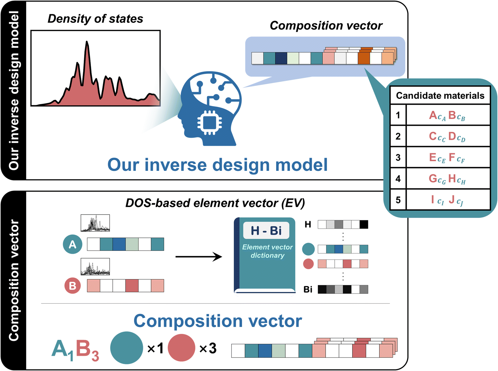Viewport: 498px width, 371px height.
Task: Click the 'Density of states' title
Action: (x=95, y=19)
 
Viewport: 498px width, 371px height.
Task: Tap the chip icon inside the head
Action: (x=209, y=123)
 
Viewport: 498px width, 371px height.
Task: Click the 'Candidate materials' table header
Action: (x=440, y=96)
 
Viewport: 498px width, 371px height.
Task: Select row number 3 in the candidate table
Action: (x=398, y=157)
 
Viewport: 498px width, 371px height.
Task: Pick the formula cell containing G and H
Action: (x=447, y=179)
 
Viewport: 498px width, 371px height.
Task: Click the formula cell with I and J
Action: (x=447, y=200)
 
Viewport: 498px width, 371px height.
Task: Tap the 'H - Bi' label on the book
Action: (x=266, y=231)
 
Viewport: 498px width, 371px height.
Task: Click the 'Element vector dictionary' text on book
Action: (x=267, y=251)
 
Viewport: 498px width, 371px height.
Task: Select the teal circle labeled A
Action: (x=73, y=244)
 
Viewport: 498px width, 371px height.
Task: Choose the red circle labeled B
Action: (x=73, y=285)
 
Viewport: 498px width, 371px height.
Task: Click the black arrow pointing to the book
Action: (x=199, y=257)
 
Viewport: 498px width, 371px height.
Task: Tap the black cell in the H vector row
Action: (x=364, y=224)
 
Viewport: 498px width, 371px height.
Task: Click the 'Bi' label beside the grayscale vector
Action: (x=308, y=289)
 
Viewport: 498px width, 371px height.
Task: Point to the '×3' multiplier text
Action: (x=208, y=348)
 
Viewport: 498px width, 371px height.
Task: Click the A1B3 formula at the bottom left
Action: (x=75, y=350)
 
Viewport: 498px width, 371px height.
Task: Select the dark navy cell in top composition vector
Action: (x=281, y=58)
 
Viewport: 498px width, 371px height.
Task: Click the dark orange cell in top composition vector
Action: (x=364, y=58)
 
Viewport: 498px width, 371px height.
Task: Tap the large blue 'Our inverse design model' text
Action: (x=217, y=165)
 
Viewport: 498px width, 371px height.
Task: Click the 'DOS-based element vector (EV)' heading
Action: (x=215, y=203)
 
